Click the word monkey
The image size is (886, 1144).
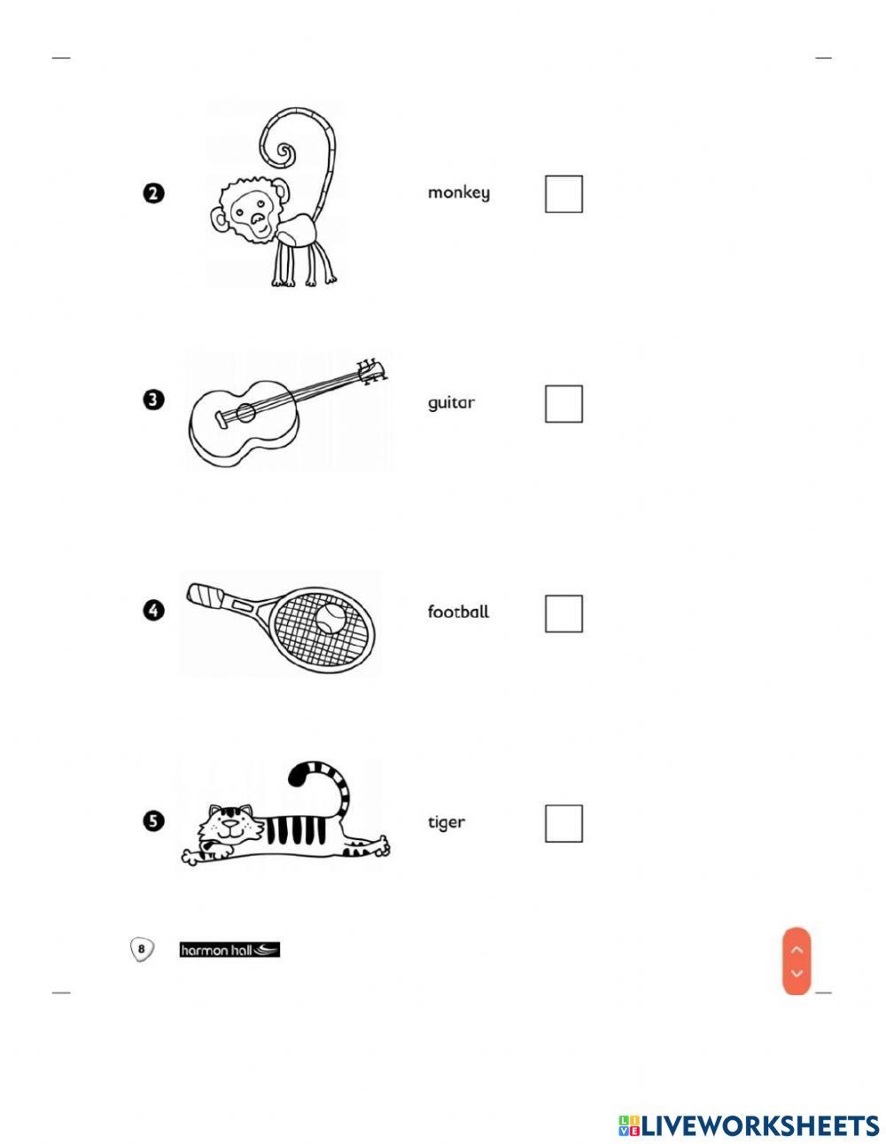tap(458, 192)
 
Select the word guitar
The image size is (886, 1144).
tap(451, 402)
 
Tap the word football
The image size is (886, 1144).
tap(458, 611)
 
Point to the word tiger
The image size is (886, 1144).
tap(447, 822)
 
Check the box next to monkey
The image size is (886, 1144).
tap(563, 194)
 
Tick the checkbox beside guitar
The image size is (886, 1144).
tap(563, 403)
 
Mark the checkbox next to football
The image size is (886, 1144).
tap(563, 613)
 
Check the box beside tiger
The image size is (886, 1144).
tap(563, 823)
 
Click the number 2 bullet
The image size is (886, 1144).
tap(153, 193)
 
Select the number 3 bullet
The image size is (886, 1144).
tap(153, 400)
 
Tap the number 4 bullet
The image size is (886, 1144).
tap(153, 611)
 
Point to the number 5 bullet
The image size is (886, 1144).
tap(153, 821)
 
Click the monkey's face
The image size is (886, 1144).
tap(247, 212)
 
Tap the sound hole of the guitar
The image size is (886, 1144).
tap(245, 413)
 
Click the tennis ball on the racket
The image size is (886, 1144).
tap(330, 618)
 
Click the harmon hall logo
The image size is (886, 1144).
tap(229, 950)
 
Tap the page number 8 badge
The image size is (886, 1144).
tap(142, 949)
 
